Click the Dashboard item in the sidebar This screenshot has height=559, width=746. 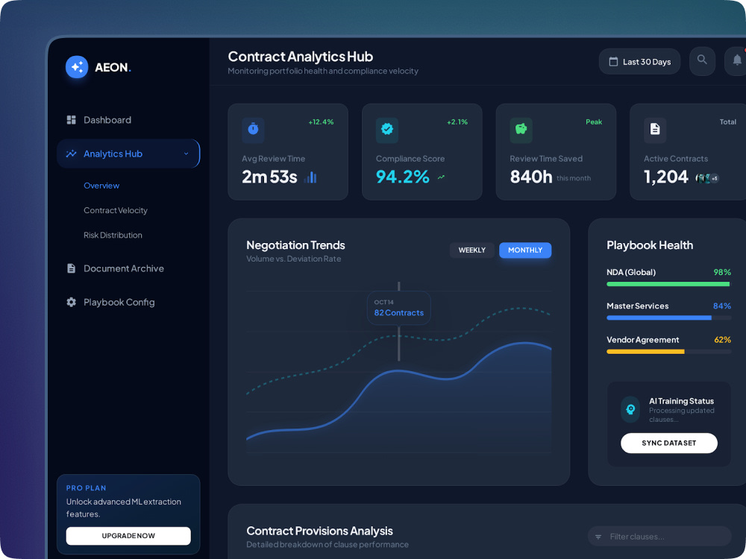(x=99, y=120)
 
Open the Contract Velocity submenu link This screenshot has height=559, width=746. (x=116, y=210)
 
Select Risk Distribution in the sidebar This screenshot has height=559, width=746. (x=113, y=235)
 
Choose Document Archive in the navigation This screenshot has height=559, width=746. (x=115, y=268)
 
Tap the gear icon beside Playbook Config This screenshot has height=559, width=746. (x=72, y=303)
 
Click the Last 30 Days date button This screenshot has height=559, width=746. (x=639, y=62)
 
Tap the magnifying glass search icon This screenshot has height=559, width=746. (x=702, y=60)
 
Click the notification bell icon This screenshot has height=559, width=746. (x=737, y=60)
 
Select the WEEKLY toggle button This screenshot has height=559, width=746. (x=472, y=250)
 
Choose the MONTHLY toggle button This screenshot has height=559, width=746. (x=525, y=250)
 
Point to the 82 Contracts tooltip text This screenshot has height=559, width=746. (x=398, y=313)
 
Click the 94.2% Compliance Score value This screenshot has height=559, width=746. (x=403, y=177)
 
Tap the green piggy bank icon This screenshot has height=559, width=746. (x=521, y=129)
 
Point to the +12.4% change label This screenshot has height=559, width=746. (x=321, y=122)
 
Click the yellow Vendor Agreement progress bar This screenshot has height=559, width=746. (x=645, y=352)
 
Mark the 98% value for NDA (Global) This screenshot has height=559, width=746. (x=722, y=272)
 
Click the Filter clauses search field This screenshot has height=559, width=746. (x=659, y=536)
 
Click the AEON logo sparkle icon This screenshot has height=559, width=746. (x=77, y=67)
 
